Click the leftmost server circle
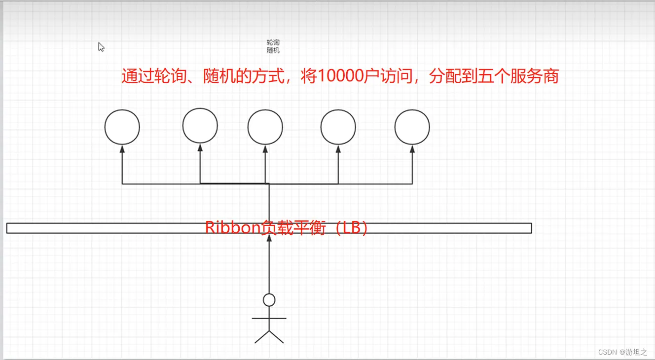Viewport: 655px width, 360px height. [x=122, y=127]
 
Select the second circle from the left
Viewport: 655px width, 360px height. [x=200, y=126]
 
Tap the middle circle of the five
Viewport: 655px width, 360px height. [x=265, y=127]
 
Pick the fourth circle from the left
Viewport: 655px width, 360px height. [x=338, y=127]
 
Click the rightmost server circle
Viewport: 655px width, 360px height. [x=412, y=127]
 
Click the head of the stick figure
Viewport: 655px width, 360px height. [x=269, y=299]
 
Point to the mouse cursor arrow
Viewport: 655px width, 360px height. [x=101, y=46]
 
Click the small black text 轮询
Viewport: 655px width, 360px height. [x=273, y=43]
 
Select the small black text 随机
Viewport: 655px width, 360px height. [x=273, y=50]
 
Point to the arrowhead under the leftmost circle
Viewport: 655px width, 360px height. [x=122, y=148]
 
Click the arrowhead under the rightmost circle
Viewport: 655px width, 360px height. [x=412, y=148]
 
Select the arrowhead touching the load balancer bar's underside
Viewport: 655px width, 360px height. [x=269, y=237]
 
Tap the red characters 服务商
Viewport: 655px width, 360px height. [x=534, y=76]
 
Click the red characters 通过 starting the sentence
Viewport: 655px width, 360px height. [x=138, y=76]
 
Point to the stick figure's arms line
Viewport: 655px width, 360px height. [x=269, y=319]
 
